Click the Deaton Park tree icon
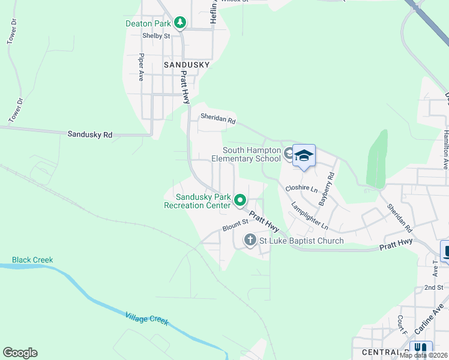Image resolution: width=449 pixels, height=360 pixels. point(180,23)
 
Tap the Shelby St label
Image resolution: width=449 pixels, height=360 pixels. point(156,36)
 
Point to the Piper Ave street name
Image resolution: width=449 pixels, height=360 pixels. point(142,67)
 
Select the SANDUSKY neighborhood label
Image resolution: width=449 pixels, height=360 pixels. point(187,65)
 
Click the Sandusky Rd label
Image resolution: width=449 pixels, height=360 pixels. point(90,134)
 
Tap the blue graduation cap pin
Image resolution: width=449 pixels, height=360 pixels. point(304,156)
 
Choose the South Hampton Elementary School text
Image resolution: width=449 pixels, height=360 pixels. point(252,154)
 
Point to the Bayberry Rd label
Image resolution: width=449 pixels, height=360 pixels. point(326,190)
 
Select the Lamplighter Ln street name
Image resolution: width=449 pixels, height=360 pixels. point(310,215)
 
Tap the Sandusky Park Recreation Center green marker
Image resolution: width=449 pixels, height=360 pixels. point(240,200)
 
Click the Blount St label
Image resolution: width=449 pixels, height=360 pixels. point(235,226)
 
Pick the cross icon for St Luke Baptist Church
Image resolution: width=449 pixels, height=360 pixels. point(250,241)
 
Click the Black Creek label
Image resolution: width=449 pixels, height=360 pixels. point(32,260)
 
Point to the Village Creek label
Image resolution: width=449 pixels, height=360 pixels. point(147,318)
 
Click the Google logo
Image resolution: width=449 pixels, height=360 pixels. point(20,353)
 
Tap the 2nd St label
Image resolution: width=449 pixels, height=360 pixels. point(433,288)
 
